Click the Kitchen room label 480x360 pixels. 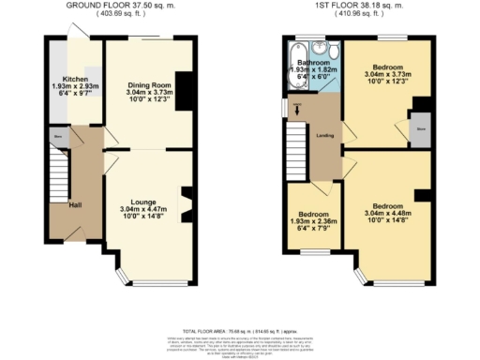74,79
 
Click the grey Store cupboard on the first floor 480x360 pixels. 421,131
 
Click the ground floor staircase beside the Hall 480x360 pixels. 57,173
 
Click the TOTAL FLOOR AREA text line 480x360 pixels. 239,331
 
